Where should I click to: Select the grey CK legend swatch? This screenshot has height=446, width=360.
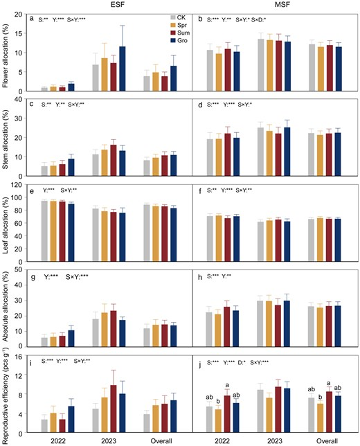(x=173, y=17)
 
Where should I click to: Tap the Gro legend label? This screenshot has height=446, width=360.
(x=182, y=41)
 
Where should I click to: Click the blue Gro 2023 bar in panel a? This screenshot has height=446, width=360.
(x=123, y=69)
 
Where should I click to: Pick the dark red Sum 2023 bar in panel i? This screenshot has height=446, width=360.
(x=114, y=409)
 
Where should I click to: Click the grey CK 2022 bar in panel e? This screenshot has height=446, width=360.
(x=44, y=231)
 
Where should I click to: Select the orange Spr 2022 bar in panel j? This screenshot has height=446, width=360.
(x=218, y=421)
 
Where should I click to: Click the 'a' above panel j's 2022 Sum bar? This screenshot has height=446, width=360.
(x=227, y=386)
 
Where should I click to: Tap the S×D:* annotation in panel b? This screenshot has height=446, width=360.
(x=259, y=19)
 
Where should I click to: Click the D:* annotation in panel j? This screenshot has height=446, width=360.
(x=242, y=363)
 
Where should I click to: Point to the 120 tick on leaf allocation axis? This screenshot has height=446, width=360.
(x=18, y=185)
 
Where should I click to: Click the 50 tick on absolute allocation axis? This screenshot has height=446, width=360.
(x=20, y=269)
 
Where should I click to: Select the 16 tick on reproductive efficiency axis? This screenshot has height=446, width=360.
(x=20, y=356)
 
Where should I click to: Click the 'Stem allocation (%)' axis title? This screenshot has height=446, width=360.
(x=5, y=138)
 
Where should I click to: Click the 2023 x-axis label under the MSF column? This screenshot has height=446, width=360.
(x=275, y=441)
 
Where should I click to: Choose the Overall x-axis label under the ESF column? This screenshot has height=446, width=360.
(x=161, y=441)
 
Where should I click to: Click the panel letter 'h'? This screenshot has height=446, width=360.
(x=200, y=277)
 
